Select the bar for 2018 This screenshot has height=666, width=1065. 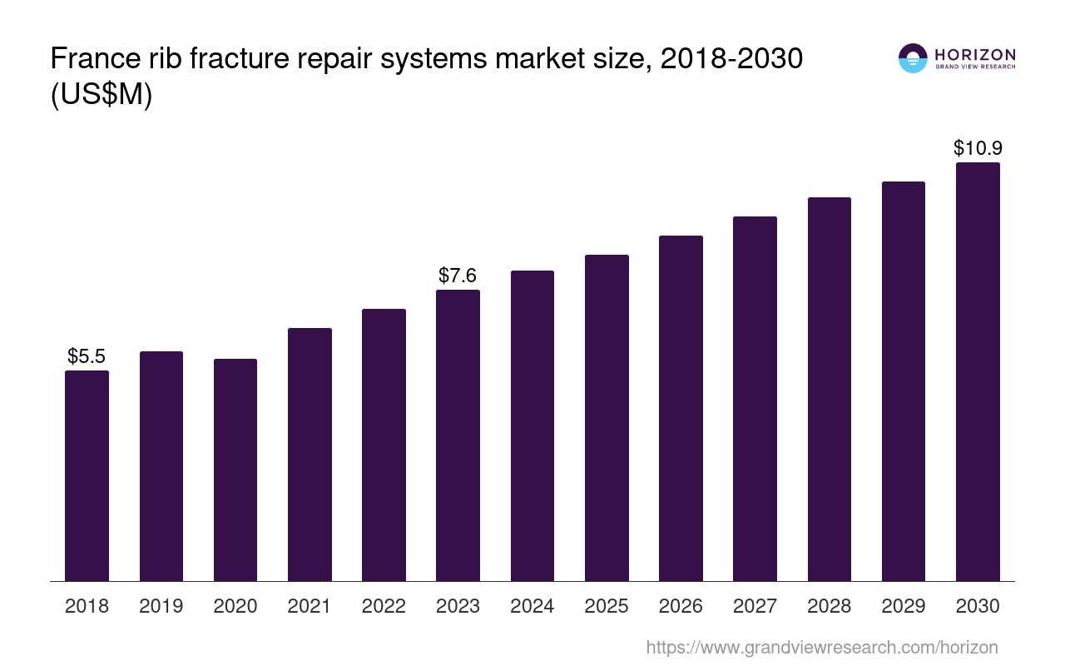click(x=87, y=475)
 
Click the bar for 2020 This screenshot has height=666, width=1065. click(x=235, y=470)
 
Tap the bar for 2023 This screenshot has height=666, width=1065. click(x=458, y=435)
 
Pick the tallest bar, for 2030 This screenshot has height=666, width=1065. click(x=978, y=371)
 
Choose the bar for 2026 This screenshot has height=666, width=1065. click(x=681, y=408)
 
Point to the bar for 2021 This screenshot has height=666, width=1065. click(x=310, y=455)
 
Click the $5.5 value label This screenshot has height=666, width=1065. click(x=87, y=356)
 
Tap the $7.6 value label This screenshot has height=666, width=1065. click(x=458, y=275)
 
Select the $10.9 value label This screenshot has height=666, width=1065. click(x=978, y=148)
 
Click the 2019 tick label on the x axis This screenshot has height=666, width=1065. click(x=161, y=606)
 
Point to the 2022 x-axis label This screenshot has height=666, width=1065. click(x=384, y=606)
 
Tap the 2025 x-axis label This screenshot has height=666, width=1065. click(x=607, y=606)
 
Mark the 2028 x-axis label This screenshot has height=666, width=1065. click(x=829, y=606)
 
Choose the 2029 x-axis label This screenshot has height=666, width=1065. click(x=904, y=606)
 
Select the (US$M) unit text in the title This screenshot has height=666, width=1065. click(x=102, y=95)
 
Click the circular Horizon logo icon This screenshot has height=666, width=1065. click(x=913, y=58)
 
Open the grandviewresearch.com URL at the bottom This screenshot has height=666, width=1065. click(x=821, y=647)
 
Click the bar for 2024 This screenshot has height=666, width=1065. click(x=532, y=425)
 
